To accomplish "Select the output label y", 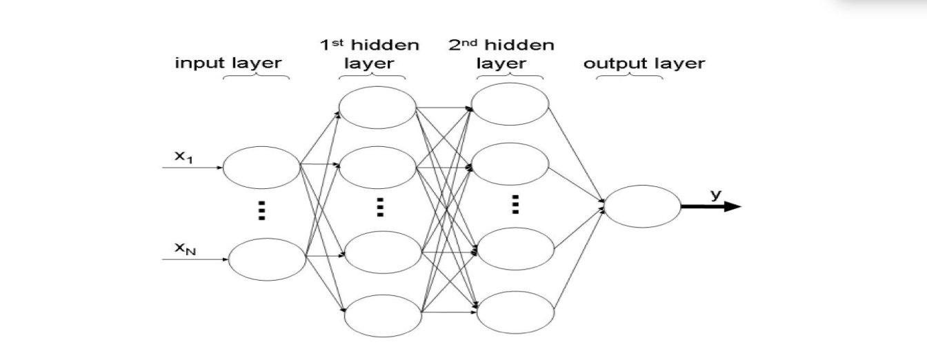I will (x=716, y=195).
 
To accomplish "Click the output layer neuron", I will (x=643, y=206).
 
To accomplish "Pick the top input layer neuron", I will (x=261, y=167).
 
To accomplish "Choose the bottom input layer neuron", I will (x=267, y=259).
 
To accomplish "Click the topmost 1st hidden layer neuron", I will (x=377, y=108).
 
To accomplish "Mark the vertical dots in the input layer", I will (x=261, y=210).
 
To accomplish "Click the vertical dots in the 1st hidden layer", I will (x=379, y=207).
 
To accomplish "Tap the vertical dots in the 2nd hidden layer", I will (x=514, y=204).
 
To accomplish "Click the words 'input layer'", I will (x=228, y=63).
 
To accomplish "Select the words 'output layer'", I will (x=644, y=63).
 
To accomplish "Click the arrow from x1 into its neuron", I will (x=192, y=168).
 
